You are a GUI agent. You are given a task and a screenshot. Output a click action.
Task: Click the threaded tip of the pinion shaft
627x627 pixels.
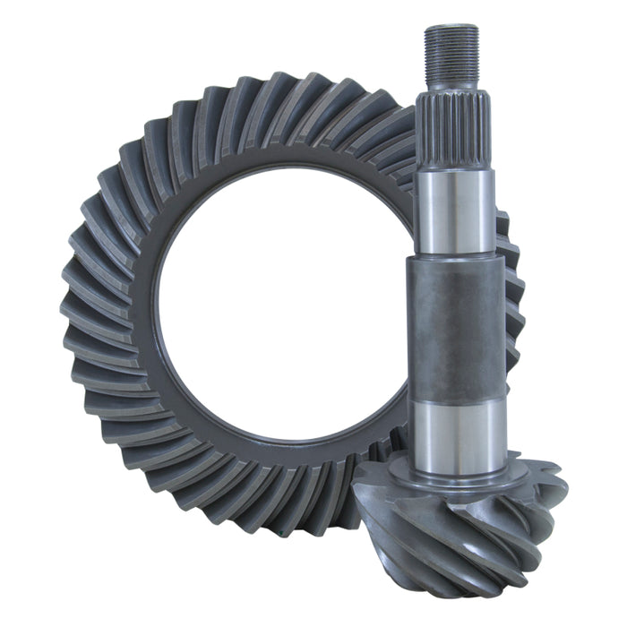pyautogui.click(x=451, y=54)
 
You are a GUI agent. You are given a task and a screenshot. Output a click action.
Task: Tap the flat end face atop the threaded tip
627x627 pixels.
pyautogui.click(x=451, y=28)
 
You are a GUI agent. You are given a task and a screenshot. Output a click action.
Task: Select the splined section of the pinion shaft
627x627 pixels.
pyautogui.click(x=453, y=134)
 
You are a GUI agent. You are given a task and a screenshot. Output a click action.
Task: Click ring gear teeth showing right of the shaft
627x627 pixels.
pyautogui.click(x=511, y=296)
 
